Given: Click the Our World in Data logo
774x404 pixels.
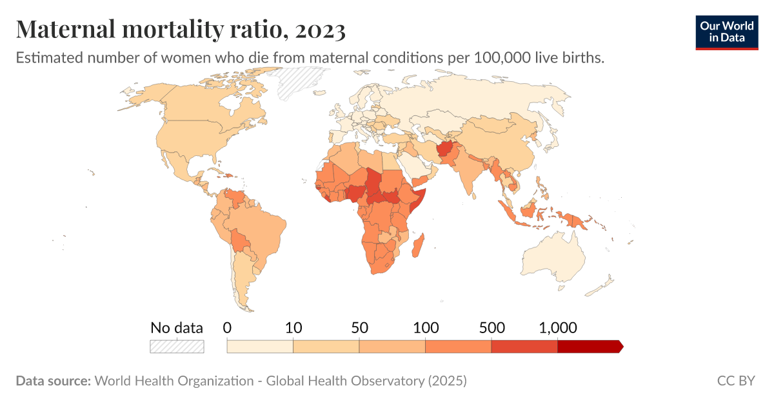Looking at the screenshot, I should (726, 32).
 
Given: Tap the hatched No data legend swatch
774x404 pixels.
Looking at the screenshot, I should (177, 347).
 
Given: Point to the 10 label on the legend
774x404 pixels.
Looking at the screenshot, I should (293, 327).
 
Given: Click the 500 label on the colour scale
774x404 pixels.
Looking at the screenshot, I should (491, 327).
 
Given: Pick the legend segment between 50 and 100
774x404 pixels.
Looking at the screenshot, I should (392, 347).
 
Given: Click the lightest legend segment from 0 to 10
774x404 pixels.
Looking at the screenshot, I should (260, 347).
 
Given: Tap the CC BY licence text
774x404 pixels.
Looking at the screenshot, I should (735, 381).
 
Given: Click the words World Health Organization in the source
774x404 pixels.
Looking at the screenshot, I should (174, 381).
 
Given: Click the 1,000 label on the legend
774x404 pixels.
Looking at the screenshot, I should (557, 327).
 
